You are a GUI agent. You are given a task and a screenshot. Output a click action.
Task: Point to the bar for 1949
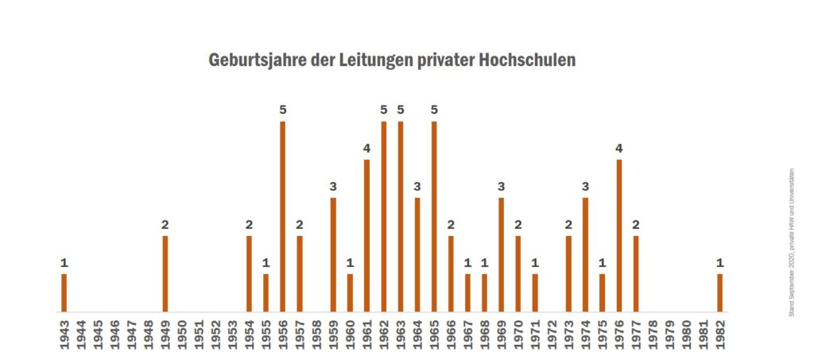tap(165, 273)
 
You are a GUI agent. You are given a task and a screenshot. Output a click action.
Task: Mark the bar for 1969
tap(501, 254)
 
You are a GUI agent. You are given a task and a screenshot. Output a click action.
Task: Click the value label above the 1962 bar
tap(383, 110)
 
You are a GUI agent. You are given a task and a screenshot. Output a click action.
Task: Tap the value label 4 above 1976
tap(618, 148)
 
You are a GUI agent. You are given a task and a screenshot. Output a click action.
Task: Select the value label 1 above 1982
tap(719, 262)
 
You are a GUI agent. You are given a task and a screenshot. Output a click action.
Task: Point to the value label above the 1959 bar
tap(333, 186)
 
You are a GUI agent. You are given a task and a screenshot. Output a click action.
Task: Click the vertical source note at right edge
tap(792, 242)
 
